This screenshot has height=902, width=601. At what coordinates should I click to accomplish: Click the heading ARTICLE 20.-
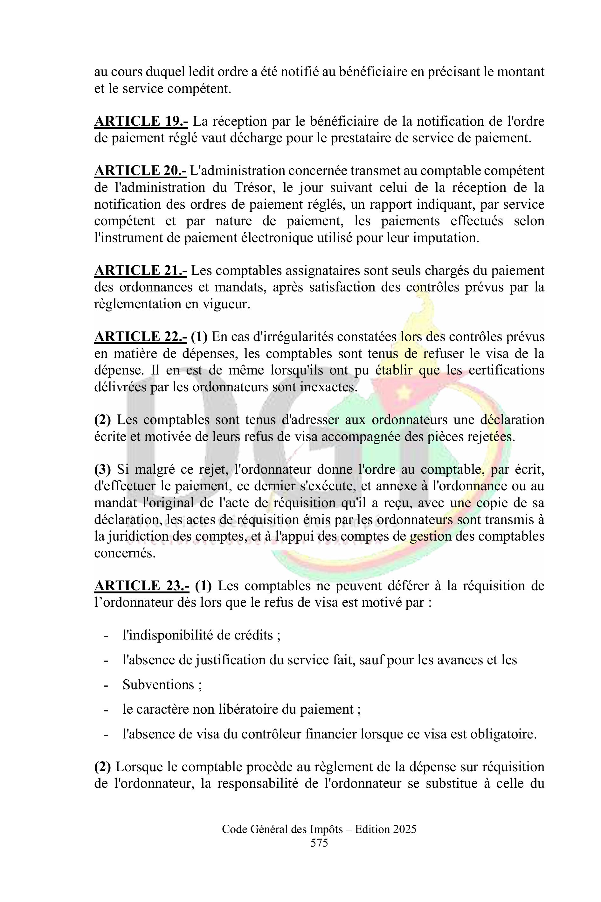pyautogui.click(x=140, y=171)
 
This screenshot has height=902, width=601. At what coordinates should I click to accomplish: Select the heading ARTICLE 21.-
pyautogui.click(x=140, y=270)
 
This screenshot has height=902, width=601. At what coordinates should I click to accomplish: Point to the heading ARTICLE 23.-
pyautogui.click(x=142, y=586)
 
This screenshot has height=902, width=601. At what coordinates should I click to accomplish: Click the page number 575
pyautogui.click(x=319, y=843)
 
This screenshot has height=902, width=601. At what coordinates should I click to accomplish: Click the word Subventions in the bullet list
pyautogui.click(x=158, y=685)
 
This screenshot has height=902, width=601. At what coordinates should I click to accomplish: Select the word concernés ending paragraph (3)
pyautogui.click(x=125, y=553)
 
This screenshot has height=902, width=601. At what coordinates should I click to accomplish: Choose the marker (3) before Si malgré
pyautogui.click(x=102, y=469)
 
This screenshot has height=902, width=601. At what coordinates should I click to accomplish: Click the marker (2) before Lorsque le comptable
pyautogui.click(x=102, y=767)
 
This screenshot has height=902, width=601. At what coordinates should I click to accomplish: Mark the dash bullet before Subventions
pyautogui.click(x=105, y=685)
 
